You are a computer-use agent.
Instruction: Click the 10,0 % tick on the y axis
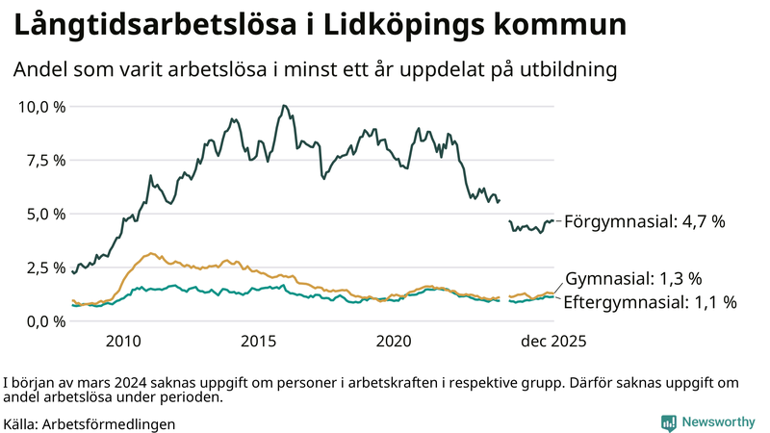pyautogui.click(x=41, y=106)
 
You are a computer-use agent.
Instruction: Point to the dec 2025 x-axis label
pyautogui.click(x=553, y=342)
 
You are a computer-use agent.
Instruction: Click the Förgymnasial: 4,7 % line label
pyautogui.click(x=644, y=221)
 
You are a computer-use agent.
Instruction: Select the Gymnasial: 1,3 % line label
pyautogui.click(x=632, y=279)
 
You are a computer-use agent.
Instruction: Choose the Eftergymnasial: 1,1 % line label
pyautogui.click(x=650, y=302)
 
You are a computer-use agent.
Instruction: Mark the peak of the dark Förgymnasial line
pyautogui.click(x=283, y=106)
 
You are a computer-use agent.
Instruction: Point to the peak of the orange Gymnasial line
pyautogui.click(x=150, y=254)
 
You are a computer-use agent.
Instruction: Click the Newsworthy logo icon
pyautogui.click(x=668, y=421)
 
